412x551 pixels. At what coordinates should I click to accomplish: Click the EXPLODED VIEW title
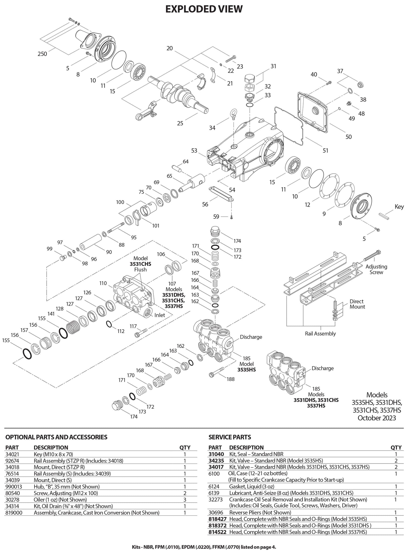pos(204,9)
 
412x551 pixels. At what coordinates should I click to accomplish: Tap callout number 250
pos(42,54)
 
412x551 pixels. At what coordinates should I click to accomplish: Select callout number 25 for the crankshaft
pos(180,123)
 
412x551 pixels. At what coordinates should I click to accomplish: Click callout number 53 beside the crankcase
pos(195,150)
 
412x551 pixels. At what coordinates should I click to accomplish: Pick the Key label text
pos(399,207)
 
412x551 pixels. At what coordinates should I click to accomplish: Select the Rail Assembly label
pos(320,334)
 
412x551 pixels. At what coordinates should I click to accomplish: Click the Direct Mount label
pos(357,304)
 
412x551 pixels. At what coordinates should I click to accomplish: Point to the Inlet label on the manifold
pos(160,315)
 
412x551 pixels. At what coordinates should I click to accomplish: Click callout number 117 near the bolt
pos(133,326)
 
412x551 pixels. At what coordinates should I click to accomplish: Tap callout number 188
pos(231,379)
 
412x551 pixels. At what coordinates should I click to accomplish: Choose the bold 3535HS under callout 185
pos(247,370)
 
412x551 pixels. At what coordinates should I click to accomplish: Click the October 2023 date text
pos(376,418)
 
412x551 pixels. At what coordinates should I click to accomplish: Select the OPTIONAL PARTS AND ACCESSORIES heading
pos(56,437)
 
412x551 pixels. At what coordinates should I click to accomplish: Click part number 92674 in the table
pos(13,461)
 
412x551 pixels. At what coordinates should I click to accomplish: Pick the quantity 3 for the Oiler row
pos(185,500)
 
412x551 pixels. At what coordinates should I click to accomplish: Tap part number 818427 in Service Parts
pos(217,519)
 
